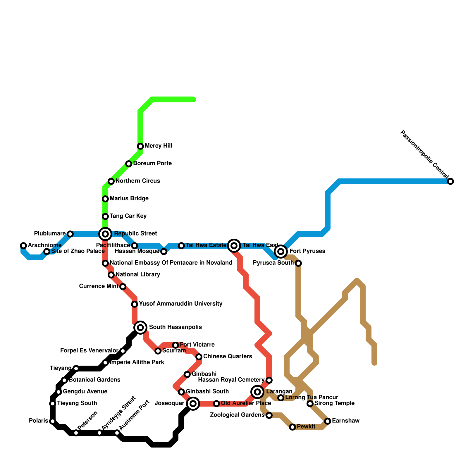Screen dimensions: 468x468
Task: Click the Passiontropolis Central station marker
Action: click(x=450, y=181)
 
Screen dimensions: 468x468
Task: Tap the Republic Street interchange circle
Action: click(x=105, y=234)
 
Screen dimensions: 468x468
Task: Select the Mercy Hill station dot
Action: click(x=140, y=146)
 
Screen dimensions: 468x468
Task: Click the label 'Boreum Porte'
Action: click(x=152, y=163)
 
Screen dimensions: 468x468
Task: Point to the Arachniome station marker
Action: click(x=23, y=245)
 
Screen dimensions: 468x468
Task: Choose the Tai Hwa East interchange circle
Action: click(x=234, y=245)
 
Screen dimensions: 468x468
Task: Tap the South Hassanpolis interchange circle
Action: click(x=140, y=327)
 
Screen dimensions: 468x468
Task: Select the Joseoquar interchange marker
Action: click(x=193, y=404)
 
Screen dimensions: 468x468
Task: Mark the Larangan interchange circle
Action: click(x=257, y=392)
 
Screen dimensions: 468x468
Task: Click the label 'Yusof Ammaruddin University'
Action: click(x=180, y=304)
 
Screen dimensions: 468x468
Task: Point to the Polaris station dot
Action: click(x=52, y=421)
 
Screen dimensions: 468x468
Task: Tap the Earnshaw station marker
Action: click(x=328, y=421)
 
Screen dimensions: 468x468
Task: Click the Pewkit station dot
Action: click(x=292, y=427)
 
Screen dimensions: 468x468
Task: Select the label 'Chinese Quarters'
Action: click(x=227, y=356)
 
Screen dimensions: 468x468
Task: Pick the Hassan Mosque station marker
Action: click(x=164, y=252)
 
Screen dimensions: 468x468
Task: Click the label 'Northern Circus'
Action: click(x=137, y=181)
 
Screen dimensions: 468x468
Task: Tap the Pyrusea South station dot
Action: click(x=298, y=263)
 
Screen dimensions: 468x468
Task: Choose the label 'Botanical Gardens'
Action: click(x=94, y=380)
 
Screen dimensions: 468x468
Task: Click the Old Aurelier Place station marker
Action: click(x=216, y=404)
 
